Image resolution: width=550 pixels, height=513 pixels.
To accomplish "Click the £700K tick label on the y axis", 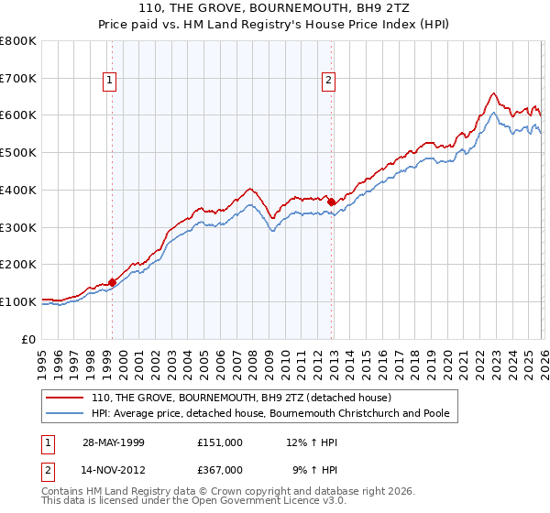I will (x=18, y=79).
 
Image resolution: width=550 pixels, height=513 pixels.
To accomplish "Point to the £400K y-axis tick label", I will (x=18, y=191).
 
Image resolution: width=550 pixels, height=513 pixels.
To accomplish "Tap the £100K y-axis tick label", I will (x=18, y=301).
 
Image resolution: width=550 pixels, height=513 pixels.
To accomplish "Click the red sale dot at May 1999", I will (x=113, y=283).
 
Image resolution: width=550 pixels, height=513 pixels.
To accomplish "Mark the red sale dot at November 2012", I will (x=331, y=202).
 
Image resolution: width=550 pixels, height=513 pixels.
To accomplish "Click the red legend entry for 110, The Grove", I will (x=241, y=398).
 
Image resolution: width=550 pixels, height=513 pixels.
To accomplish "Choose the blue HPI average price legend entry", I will (x=270, y=414).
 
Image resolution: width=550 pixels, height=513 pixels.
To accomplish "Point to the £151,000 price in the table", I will (x=220, y=442).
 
